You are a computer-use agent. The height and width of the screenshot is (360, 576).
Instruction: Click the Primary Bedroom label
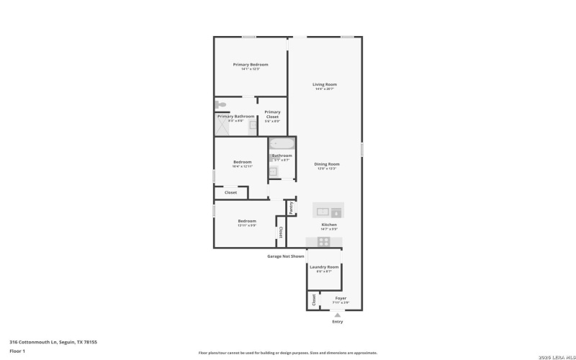(x=250, y=65)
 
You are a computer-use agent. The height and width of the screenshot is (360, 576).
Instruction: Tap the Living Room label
(x=324, y=84)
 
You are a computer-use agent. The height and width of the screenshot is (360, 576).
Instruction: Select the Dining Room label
(x=326, y=164)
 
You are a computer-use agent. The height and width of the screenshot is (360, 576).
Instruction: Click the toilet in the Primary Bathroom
(x=221, y=104)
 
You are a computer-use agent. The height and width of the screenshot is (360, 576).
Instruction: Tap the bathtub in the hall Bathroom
(x=282, y=143)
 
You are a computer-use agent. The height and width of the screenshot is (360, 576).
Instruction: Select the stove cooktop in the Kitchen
(x=324, y=241)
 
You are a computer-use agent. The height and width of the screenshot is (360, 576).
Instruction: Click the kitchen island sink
(x=322, y=211)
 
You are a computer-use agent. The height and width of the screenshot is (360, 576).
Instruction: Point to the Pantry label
(x=291, y=207)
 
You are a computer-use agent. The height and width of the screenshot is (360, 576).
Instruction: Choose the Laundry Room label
(x=324, y=267)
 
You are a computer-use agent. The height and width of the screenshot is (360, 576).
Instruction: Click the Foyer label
(x=341, y=298)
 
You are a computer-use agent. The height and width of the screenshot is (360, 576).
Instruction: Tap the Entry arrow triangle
(x=337, y=315)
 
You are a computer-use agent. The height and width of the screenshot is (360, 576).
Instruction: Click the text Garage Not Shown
(x=286, y=256)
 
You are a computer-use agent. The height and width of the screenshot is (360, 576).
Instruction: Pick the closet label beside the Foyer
(x=313, y=300)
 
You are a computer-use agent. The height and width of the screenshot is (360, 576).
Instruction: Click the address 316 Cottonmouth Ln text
(x=53, y=342)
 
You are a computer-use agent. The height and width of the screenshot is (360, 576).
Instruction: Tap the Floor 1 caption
(x=17, y=351)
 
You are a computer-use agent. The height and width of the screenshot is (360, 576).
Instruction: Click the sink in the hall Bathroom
(x=274, y=171)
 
